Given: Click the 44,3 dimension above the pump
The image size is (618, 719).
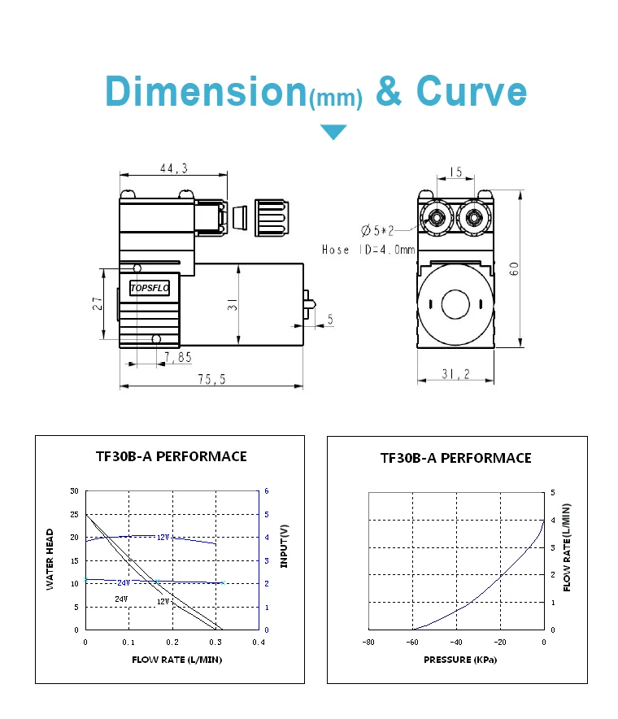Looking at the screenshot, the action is (x=174, y=168).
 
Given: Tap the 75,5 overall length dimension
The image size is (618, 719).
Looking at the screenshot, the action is (x=211, y=379).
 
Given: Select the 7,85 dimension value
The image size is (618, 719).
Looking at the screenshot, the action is (x=178, y=357).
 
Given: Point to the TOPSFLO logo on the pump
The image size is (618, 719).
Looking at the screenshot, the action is (x=150, y=288).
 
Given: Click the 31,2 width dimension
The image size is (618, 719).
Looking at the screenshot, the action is (x=455, y=374).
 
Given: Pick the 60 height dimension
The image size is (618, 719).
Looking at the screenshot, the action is (x=514, y=268).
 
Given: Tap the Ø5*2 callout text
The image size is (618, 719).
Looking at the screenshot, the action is (x=377, y=230).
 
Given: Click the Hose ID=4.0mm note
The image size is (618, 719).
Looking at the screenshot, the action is (x=368, y=250).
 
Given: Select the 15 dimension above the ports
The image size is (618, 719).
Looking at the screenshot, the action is (x=455, y=172).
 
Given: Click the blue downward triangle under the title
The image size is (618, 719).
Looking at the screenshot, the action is (x=333, y=132).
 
